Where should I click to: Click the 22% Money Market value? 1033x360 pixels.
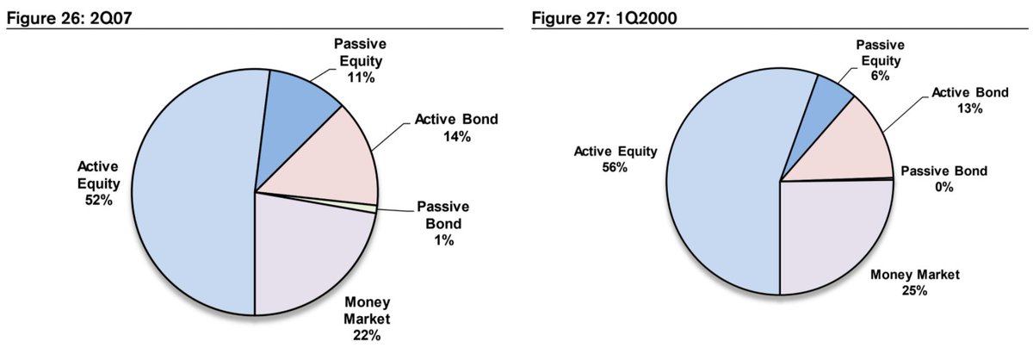point(367,335)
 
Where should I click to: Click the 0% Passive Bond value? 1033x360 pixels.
point(944,187)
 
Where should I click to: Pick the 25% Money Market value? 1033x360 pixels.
point(914,290)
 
